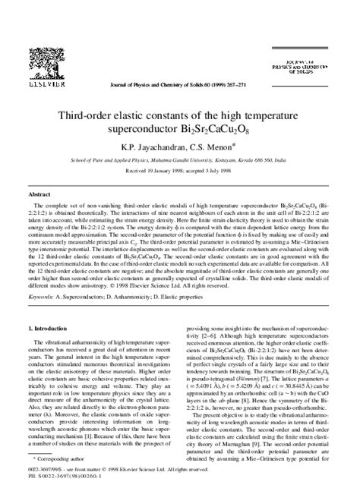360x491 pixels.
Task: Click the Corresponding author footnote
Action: (x=60, y=461)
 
